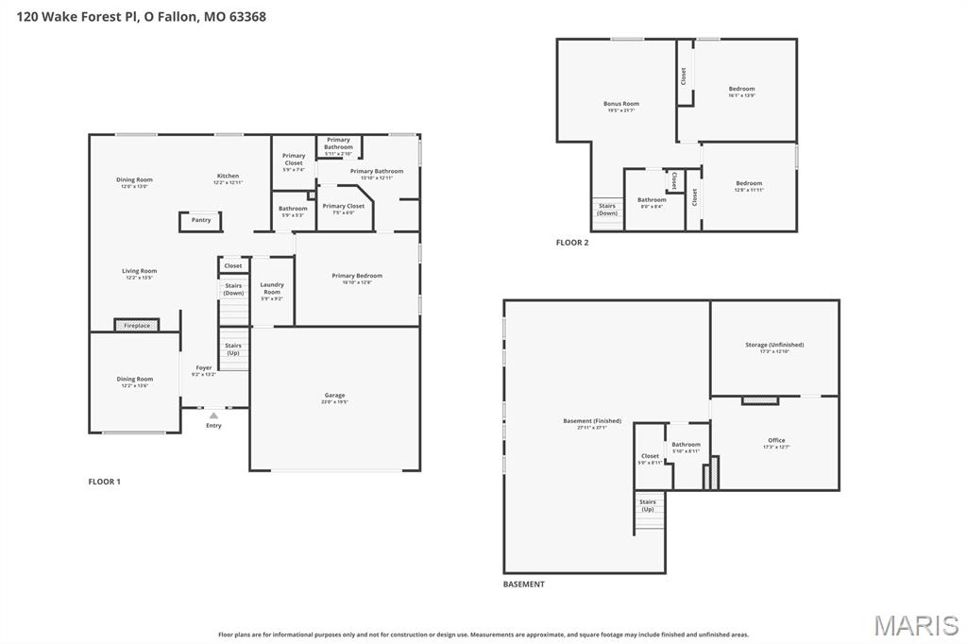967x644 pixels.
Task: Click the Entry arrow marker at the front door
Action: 213,415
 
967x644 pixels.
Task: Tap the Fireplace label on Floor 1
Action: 137,326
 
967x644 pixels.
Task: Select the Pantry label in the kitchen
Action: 201,220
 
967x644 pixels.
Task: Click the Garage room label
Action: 334,396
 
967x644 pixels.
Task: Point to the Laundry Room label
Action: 272,288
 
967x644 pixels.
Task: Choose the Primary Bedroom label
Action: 357,276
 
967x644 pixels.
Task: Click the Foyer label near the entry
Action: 204,368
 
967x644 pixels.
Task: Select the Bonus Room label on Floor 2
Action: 621,104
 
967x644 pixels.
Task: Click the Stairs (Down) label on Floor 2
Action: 607,210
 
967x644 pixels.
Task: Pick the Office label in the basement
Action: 775,441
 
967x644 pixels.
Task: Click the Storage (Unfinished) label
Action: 774,345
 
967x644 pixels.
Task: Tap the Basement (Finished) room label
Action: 591,421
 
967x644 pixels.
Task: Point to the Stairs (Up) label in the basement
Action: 648,505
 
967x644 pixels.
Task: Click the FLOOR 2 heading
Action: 572,243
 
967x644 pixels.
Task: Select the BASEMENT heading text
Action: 523,585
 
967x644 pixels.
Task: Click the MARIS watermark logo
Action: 916,625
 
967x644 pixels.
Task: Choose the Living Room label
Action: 139,271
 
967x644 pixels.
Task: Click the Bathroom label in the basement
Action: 686,445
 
